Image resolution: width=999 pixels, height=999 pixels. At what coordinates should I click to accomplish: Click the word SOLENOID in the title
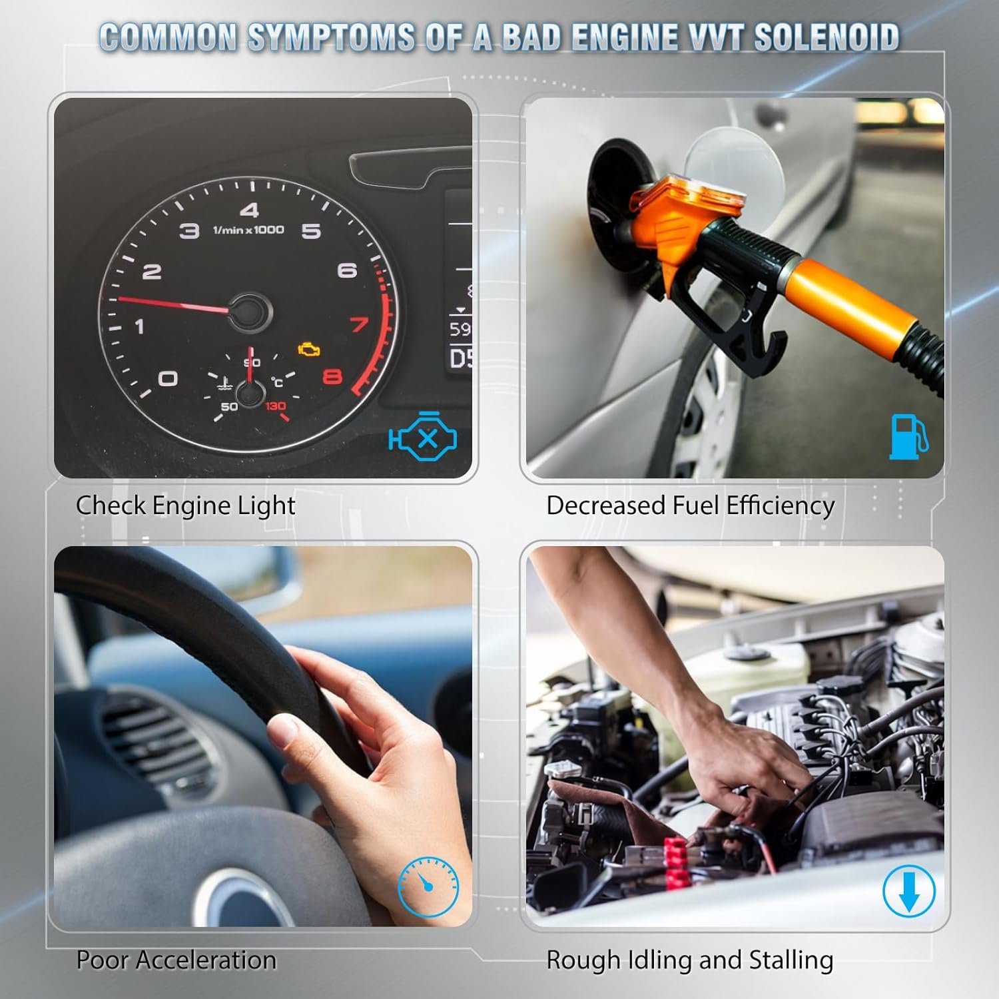point(827,37)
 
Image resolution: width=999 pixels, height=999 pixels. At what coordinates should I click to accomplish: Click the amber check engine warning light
point(309,350)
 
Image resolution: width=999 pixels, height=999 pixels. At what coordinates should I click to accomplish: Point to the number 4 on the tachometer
point(249,210)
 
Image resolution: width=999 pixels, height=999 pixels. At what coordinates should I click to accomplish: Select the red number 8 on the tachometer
point(332,377)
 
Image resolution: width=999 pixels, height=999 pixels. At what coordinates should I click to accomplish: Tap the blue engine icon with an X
point(423,437)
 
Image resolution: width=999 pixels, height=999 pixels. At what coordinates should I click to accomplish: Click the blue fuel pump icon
point(908,436)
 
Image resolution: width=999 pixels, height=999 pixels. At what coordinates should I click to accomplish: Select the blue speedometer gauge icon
point(428,886)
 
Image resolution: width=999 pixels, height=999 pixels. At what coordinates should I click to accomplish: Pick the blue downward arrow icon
point(909,891)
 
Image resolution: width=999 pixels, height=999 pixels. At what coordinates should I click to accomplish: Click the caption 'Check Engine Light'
point(185,506)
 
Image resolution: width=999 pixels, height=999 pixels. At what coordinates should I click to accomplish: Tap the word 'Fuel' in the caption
point(696,505)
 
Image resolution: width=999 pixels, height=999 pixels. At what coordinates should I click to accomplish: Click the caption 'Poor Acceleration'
point(176,960)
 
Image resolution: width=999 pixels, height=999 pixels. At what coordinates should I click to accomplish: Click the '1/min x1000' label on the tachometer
point(248,230)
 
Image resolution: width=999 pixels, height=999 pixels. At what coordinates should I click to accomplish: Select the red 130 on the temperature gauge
point(275,406)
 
